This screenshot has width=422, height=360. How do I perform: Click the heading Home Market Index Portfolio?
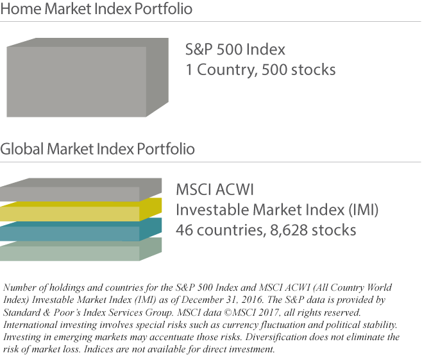coord(96,8)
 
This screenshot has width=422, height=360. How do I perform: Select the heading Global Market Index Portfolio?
coord(97,149)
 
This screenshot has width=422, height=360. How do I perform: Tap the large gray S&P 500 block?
coord(87,78)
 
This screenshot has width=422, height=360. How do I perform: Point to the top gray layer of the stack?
coord(81,190)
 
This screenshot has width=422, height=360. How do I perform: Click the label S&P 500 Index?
coord(235,49)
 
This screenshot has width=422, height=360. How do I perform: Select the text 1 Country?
coord(219,70)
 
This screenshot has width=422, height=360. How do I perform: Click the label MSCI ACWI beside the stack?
coord(215,189)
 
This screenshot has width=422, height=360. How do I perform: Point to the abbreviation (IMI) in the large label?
coord(364,210)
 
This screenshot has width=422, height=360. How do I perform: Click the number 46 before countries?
coord(184,230)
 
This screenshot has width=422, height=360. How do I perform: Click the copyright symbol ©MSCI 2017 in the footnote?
coord(251,313)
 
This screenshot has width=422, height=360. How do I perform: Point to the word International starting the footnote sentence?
coord(30,325)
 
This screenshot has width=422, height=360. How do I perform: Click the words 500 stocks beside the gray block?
coord(299,70)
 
